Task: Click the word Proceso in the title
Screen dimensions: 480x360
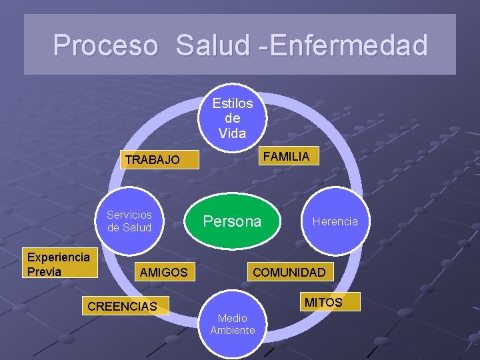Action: click(105, 45)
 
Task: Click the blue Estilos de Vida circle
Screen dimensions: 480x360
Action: click(233, 118)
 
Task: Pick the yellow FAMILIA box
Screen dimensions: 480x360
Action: click(286, 157)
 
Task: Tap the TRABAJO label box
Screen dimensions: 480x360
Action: click(153, 160)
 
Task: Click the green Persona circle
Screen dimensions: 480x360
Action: click(233, 221)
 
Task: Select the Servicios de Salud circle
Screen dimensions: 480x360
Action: click(129, 221)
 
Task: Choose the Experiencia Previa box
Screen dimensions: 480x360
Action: click(59, 264)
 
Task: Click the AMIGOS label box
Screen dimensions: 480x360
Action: click(163, 272)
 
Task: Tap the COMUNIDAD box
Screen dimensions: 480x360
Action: click(289, 272)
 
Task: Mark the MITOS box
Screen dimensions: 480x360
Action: click(323, 303)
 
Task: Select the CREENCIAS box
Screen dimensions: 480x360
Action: click(123, 307)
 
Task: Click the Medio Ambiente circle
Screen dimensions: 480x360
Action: click(233, 324)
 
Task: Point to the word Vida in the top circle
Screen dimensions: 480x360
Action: click(233, 133)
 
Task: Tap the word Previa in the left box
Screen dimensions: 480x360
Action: click(44, 271)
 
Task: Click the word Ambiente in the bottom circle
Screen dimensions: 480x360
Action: click(233, 330)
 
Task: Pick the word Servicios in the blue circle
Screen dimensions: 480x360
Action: click(129, 215)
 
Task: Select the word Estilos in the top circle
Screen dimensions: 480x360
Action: click(233, 103)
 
